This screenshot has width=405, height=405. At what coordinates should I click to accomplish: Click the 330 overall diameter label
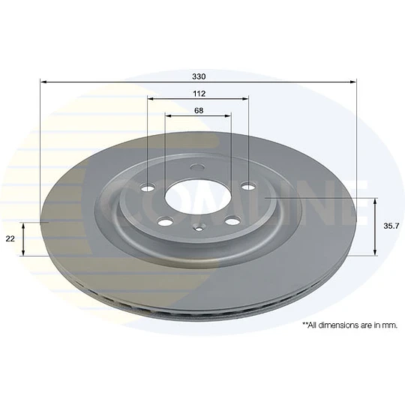click(199, 76)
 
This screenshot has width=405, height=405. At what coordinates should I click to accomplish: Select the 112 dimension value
click(199, 94)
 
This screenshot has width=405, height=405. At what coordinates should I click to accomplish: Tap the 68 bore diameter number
click(199, 110)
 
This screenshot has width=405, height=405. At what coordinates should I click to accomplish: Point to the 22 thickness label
click(10, 239)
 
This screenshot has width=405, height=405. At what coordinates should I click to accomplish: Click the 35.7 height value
click(391, 226)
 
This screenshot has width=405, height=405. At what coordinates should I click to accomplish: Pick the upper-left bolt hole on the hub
click(148, 187)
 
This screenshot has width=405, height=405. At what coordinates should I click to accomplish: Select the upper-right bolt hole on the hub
click(248, 186)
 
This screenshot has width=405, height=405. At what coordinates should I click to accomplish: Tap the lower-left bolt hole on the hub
click(165, 221)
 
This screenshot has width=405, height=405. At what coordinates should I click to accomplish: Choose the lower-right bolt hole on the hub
click(232, 220)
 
